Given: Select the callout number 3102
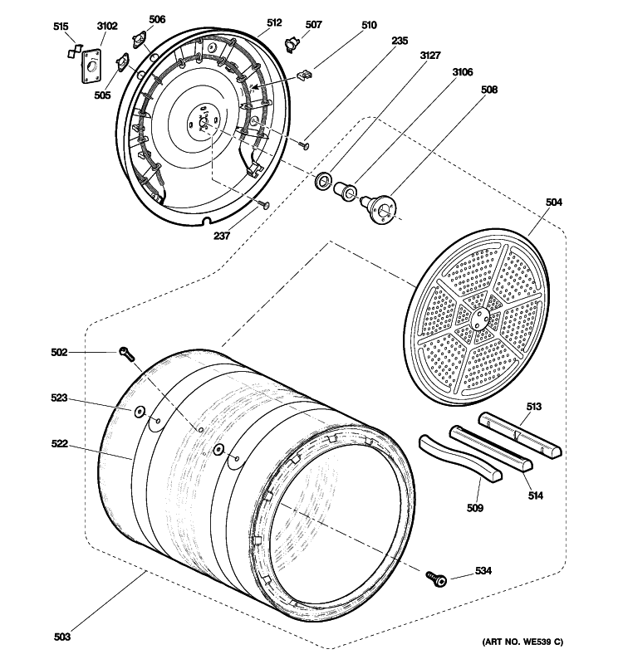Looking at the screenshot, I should pos(107,27).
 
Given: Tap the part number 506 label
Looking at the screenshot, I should pos(157,19).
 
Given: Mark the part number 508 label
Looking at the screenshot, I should pos(491,90).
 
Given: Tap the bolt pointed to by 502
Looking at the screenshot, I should pos(126,354).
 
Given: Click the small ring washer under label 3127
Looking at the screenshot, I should pos(322,180).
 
